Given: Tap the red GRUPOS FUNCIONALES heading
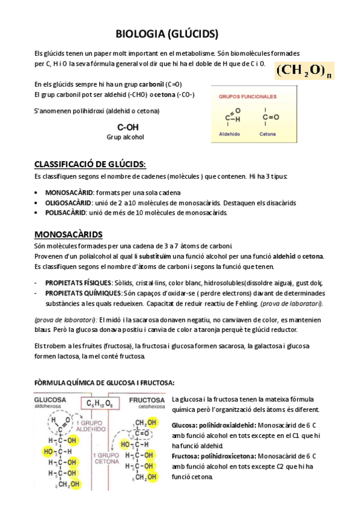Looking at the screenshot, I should [x=247, y=96].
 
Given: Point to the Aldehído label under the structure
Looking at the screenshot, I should [x=229, y=134].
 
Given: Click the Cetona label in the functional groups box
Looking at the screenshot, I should [x=268, y=134].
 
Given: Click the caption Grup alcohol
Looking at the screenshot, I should [x=126, y=137].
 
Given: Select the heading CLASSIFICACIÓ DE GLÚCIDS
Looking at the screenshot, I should [x=90, y=164].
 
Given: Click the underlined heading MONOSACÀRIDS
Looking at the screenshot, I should [x=68, y=234].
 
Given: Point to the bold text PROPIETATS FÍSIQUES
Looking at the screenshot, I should [x=78, y=283].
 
